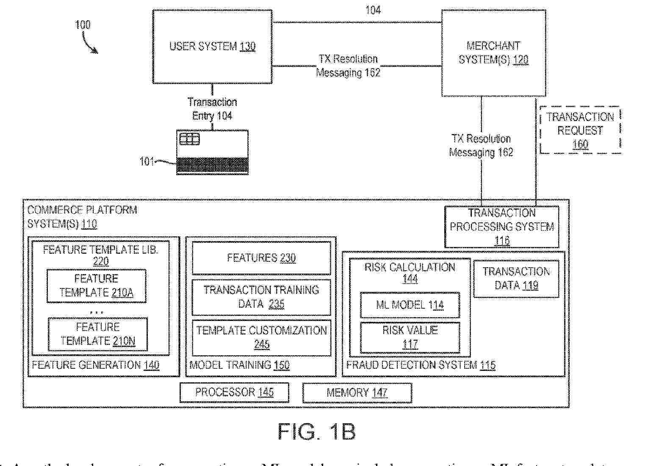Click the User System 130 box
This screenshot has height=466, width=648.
click(x=212, y=47)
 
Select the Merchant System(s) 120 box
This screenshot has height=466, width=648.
click(x=493, y=53)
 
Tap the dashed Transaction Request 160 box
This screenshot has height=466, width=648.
click(x=580, y=130)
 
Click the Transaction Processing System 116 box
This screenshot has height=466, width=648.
click(x=501, y=227)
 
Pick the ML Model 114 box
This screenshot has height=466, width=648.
click(x=410, y=305)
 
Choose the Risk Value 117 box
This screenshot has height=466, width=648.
click(x=410, y=337)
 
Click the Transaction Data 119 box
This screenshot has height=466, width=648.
click(x=516, y=279)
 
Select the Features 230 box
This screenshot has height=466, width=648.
click(x=261, y=258)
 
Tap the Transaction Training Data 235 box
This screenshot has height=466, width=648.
click(x=261, y=297)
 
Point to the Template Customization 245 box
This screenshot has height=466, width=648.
click(x=261, y=337)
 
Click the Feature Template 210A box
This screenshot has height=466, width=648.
click(x=97, y=286)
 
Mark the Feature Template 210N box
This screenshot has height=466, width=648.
click(x=98, y=334)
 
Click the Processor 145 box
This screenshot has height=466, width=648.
click(x=234, y=392)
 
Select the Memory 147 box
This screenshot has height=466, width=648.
click(x=357, y=393)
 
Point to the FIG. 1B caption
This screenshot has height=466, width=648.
click(x=316, y=431)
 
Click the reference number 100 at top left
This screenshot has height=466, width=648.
click(x=83, y=25)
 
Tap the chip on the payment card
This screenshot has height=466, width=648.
click(x=189, y=139)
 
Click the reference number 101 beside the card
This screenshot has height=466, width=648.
click(x=147, y=162)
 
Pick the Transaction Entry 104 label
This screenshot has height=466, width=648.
click(x=212, y=109)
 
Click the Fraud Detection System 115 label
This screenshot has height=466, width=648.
click(x=421, y=365)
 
